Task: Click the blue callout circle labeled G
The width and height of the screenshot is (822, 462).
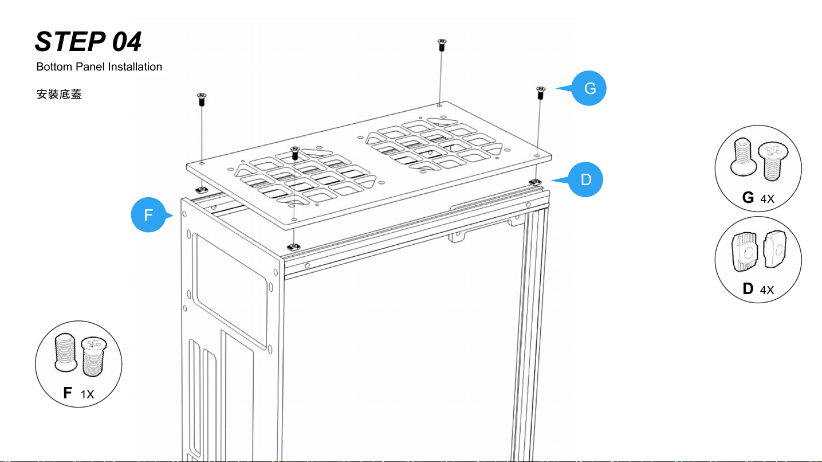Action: coord(589,89)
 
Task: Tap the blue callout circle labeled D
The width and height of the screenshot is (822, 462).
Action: coord(586,180)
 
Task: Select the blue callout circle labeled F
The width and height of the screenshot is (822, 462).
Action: coord(148,216)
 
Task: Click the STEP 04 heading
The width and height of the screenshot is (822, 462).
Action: coord(88,41)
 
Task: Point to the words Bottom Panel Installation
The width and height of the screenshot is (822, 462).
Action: coord(99,67)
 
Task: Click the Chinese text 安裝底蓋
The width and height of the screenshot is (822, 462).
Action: coord(59,94)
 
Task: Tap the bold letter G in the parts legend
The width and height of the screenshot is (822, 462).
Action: coord(748,198)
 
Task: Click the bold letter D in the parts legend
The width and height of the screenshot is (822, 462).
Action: coord(748,289)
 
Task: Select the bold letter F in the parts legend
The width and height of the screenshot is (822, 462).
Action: coord(68,393)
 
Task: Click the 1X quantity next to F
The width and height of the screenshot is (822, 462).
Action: coord(87,394)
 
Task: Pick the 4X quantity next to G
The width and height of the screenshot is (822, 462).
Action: coord(767,199)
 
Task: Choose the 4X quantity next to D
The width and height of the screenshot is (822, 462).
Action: coord(767,290)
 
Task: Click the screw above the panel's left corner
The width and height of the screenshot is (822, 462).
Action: coord(202,99)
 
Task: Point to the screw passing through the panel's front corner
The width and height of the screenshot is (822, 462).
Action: coord(295,154)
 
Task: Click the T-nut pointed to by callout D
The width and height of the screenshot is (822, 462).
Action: coord(534,182)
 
